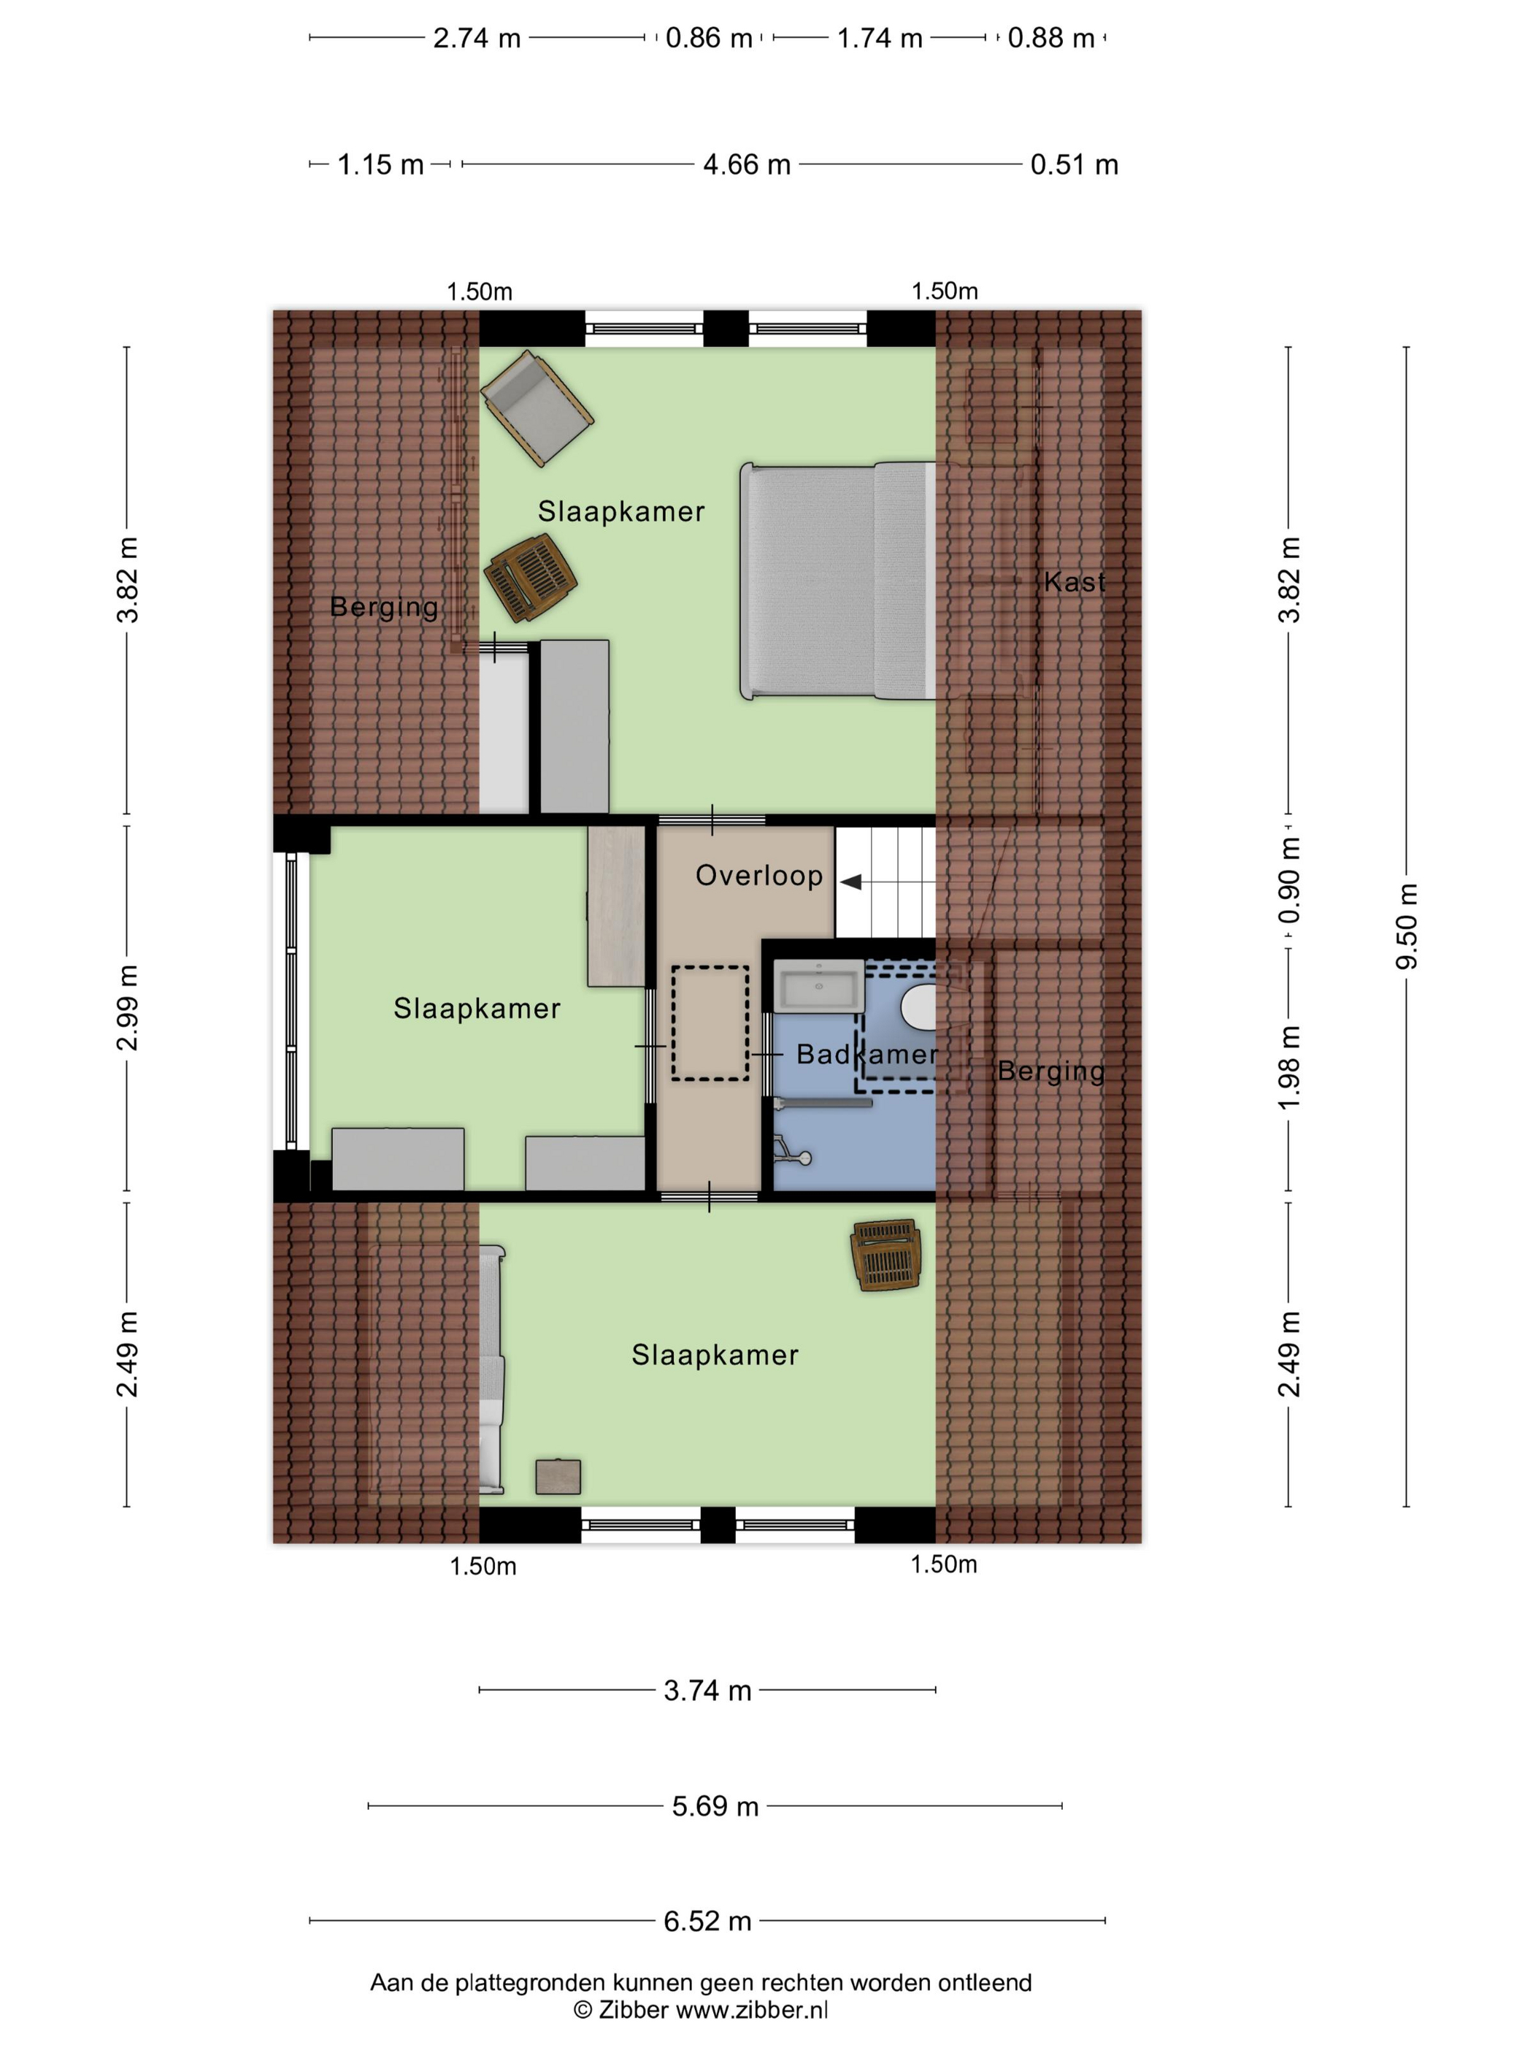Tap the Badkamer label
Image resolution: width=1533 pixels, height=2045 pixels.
pyautogui.click(x=867, y=1054)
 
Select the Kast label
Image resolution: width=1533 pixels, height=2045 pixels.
pyautogui.click(x=1074, y=581)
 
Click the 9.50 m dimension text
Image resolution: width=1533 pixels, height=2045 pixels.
pyautogui.click(x=1405, y=926)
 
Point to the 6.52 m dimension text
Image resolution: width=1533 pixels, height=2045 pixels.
pyautogui.click(x=707, y=1921)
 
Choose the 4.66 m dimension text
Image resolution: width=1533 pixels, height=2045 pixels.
pyautogui.click(x=747, y=164)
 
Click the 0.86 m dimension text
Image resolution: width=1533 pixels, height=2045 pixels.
pyautogui.click(x=709, y=38)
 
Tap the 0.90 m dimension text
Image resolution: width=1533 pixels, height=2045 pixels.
pyautogui.click(x=1289, y=879)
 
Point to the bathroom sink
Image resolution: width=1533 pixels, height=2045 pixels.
pyautogui.click(x=818, y=985)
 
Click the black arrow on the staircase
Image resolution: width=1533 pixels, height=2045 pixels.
pyautogui.click(x=850, y=882)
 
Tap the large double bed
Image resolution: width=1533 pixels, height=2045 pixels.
pyautogui.click(x=837, y=581)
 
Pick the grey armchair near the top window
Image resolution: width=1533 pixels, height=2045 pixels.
pyautogui.click(x=536, y=407)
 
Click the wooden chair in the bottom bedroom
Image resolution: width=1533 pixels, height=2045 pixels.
pyautogui.click(x=886, y=1255)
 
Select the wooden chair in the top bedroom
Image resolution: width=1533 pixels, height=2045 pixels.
pyautogui.click(x=531, y=578)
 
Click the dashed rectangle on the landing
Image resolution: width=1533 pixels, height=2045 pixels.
pyautogui.click(x=710, y=1022)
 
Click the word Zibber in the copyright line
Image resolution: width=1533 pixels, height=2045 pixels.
pyautogui.click(x=632, y=2010)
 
